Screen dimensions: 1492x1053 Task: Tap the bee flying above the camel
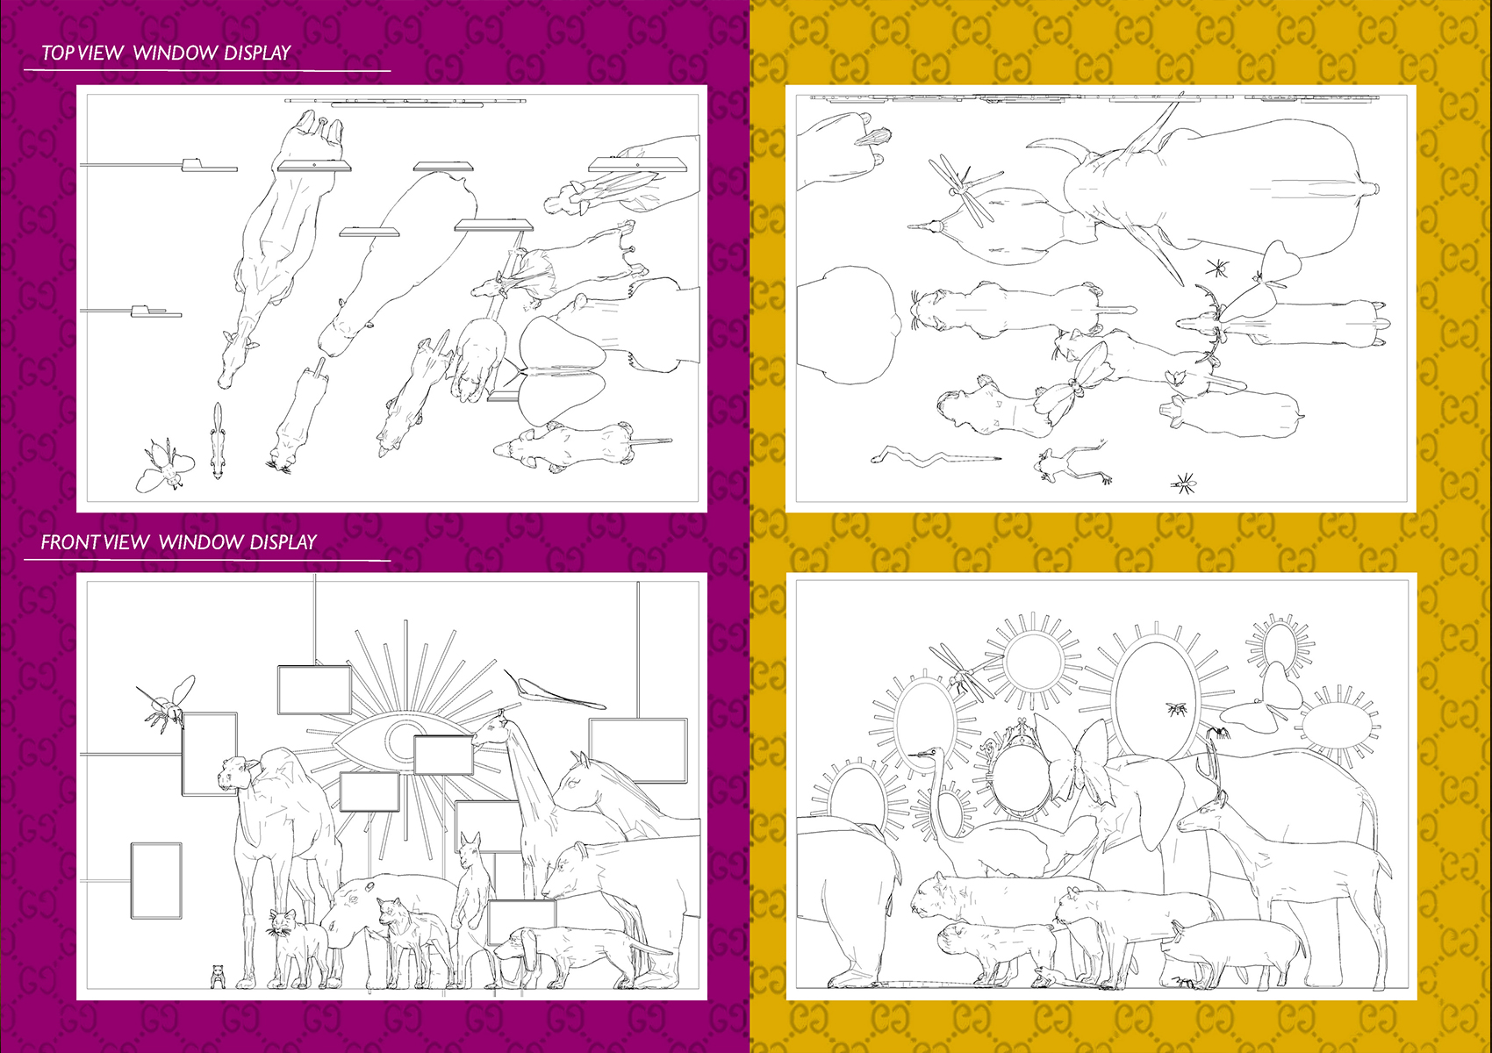point(166,703)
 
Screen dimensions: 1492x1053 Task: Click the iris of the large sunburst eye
point(404,740)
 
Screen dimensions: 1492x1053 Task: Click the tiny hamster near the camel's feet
point(218,976)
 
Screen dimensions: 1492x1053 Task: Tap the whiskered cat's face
point(282,923)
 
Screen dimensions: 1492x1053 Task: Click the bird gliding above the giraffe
point(554,691)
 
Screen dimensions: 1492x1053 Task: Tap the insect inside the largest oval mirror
point(1176,709)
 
